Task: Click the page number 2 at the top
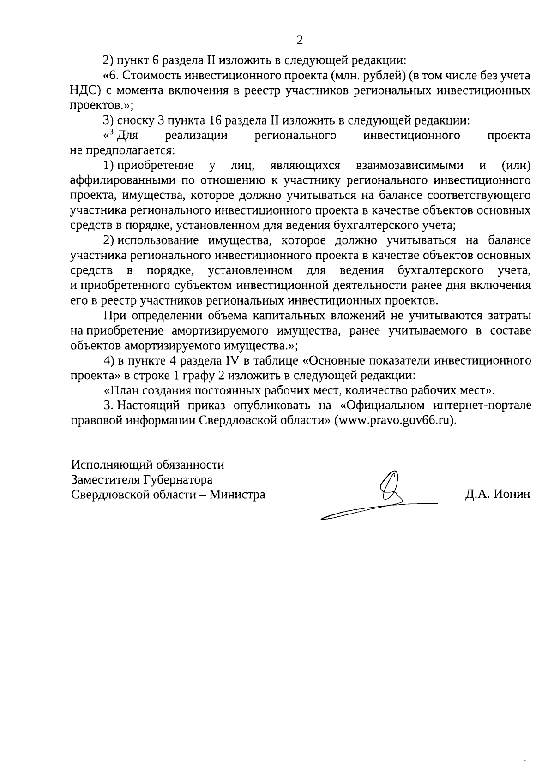point(300,40)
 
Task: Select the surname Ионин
point(512,495)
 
